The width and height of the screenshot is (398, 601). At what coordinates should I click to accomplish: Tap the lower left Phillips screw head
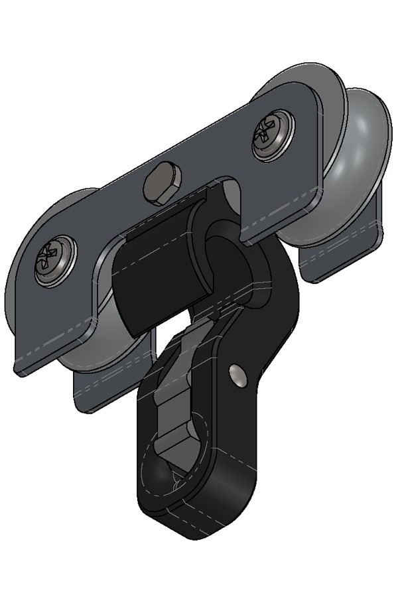click(54, 260)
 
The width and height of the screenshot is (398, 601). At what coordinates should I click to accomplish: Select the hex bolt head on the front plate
click(161, 183)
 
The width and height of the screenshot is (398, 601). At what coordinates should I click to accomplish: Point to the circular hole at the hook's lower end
click(166, 471)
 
